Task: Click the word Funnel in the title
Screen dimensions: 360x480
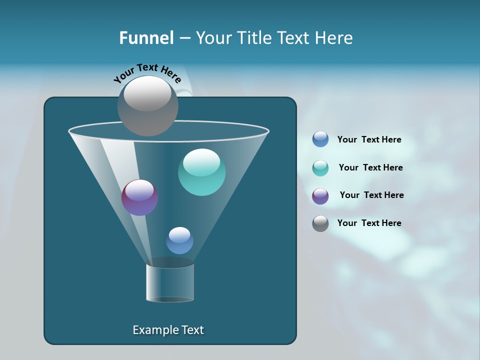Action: click(146, 38)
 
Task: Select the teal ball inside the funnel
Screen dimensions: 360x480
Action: click(201, 172)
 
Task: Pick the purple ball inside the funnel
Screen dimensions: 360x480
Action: click(139, 198)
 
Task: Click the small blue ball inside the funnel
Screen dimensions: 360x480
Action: click(179, 240)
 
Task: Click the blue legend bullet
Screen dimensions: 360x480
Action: click(320, 139)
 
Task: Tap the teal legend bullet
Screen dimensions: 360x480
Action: click(320, 168)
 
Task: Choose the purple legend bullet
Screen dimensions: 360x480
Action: click(320, 196)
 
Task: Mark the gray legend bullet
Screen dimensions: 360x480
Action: click(320, 223)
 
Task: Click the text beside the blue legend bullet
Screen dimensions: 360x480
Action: click(369, 140)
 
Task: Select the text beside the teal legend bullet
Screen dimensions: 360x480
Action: click(370, 168)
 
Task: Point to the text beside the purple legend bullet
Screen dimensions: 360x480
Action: click(371, 195)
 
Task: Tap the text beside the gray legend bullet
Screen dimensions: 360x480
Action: click(369, 223)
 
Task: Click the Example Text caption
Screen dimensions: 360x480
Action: click(168, 330)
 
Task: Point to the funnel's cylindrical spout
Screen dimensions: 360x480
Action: click(170, 282)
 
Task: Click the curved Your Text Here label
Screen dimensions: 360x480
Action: click(147, 73)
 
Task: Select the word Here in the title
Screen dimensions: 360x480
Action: click(334, 38)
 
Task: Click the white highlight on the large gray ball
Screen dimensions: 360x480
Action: click(147, 93)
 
